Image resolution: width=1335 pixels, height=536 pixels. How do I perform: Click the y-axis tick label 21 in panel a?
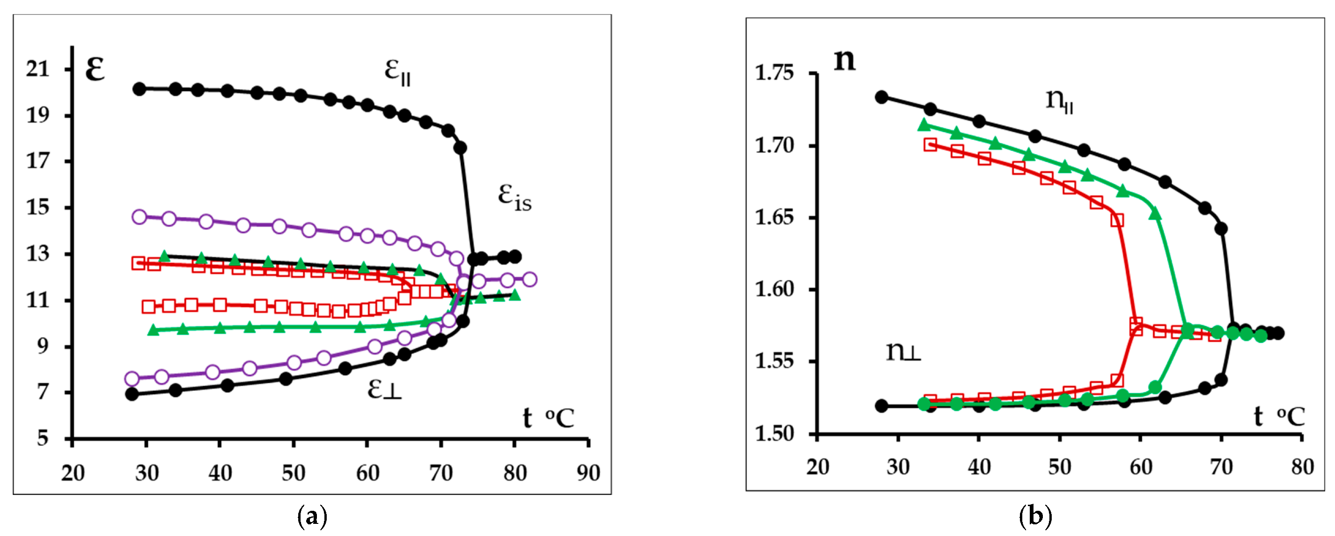pyautogui.click(x=38, y=69)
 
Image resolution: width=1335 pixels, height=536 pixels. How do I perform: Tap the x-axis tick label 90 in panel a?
pyautogui.click(x=588, y=473)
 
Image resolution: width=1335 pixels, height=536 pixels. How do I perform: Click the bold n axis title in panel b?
pyautogui.click(x=844, y=60)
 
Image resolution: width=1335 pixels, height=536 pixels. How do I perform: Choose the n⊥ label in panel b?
pyautogui.click(x=903, y=352)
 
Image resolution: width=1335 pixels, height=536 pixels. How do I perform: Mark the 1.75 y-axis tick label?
pyautogui.click(x=774, y=73)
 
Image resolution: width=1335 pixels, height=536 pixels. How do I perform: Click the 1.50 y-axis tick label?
pyautogui.click(x=774, y=433)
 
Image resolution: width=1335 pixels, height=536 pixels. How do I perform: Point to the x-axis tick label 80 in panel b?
pyautogui.click(x=1302, y=467)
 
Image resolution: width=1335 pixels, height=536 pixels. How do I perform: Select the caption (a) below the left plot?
pyautogui.click(x=313, y=517)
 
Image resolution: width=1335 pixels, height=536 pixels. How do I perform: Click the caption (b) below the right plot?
pyautogui.click(x=1035, y=517)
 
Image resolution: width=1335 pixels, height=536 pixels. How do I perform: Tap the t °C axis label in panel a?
pyautogui.click(x=548, y=418)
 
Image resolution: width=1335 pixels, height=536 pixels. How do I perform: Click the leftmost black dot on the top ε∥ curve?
pyautogui.click(x=139, y=89)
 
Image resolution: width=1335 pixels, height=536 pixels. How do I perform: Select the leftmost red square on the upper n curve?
pyautogui.click(x=930, y=145)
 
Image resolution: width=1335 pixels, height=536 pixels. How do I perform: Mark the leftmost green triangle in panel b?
pyautogui.click(x=924, y=125)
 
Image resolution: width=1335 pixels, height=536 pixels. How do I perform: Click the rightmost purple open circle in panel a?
pyautogui.click(x=529, y=280)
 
